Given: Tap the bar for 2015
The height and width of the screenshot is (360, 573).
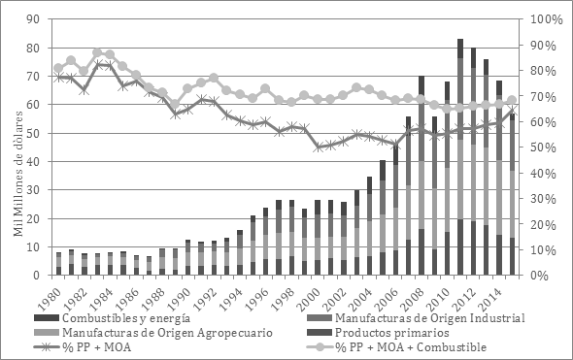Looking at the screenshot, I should [x=539, y=194].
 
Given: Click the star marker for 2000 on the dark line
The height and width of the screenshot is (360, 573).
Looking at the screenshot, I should [x=318, y=147].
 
